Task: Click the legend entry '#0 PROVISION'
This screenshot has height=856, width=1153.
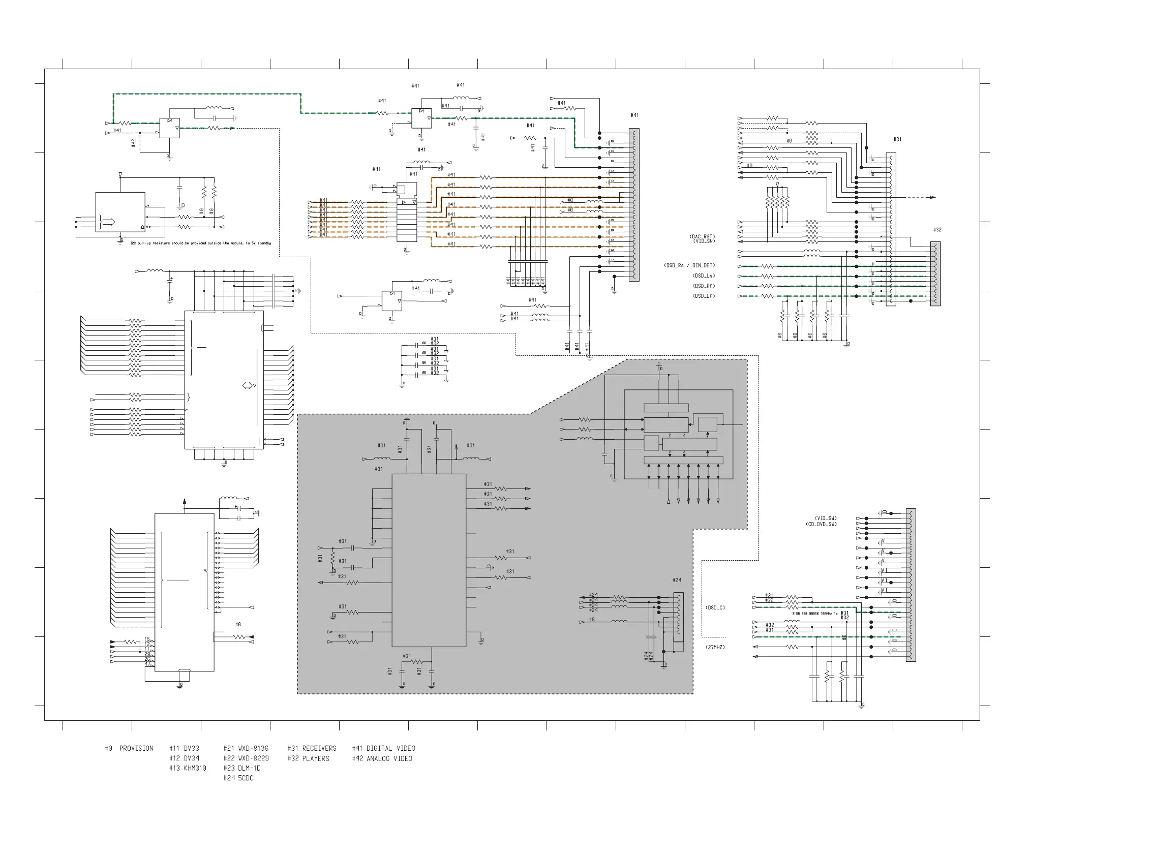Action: tap(129, 748)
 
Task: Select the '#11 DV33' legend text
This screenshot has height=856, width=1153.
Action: tap(184, 748)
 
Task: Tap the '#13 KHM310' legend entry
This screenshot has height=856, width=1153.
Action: tap(188, 768)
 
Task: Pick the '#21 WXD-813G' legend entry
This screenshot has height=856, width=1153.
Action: tap(246, 748)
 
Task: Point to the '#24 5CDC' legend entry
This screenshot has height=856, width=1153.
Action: tap(238, 778)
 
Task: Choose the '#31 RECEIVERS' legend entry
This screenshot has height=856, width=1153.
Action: tap(312, 748)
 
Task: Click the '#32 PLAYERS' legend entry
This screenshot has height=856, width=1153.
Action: tap(308, 758)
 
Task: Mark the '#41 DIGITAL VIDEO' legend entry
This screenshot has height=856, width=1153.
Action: tap(383, 748)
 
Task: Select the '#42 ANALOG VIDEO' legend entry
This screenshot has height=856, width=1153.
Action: tap(382, 758)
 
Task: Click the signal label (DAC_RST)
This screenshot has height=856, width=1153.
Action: tap(702, 237)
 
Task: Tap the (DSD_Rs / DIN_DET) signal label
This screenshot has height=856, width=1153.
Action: tap(689, 265)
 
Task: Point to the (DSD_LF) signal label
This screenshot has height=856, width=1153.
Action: tap(704, 296)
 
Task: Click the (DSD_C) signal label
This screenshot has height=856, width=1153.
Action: tap(715, 607)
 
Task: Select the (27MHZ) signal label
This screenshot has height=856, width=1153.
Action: tap(715, 647)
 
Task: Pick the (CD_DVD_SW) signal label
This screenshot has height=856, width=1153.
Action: tap(821, 524)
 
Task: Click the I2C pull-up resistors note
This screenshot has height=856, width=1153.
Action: tap(200, 243)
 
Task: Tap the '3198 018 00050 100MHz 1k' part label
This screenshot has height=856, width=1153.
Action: tap(814, 614)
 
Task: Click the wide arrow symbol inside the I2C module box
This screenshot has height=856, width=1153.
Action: tap(109, 222)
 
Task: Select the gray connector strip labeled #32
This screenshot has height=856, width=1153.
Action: tap(935, 273)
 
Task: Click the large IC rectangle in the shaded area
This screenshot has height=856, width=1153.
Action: tap(429, 560)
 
